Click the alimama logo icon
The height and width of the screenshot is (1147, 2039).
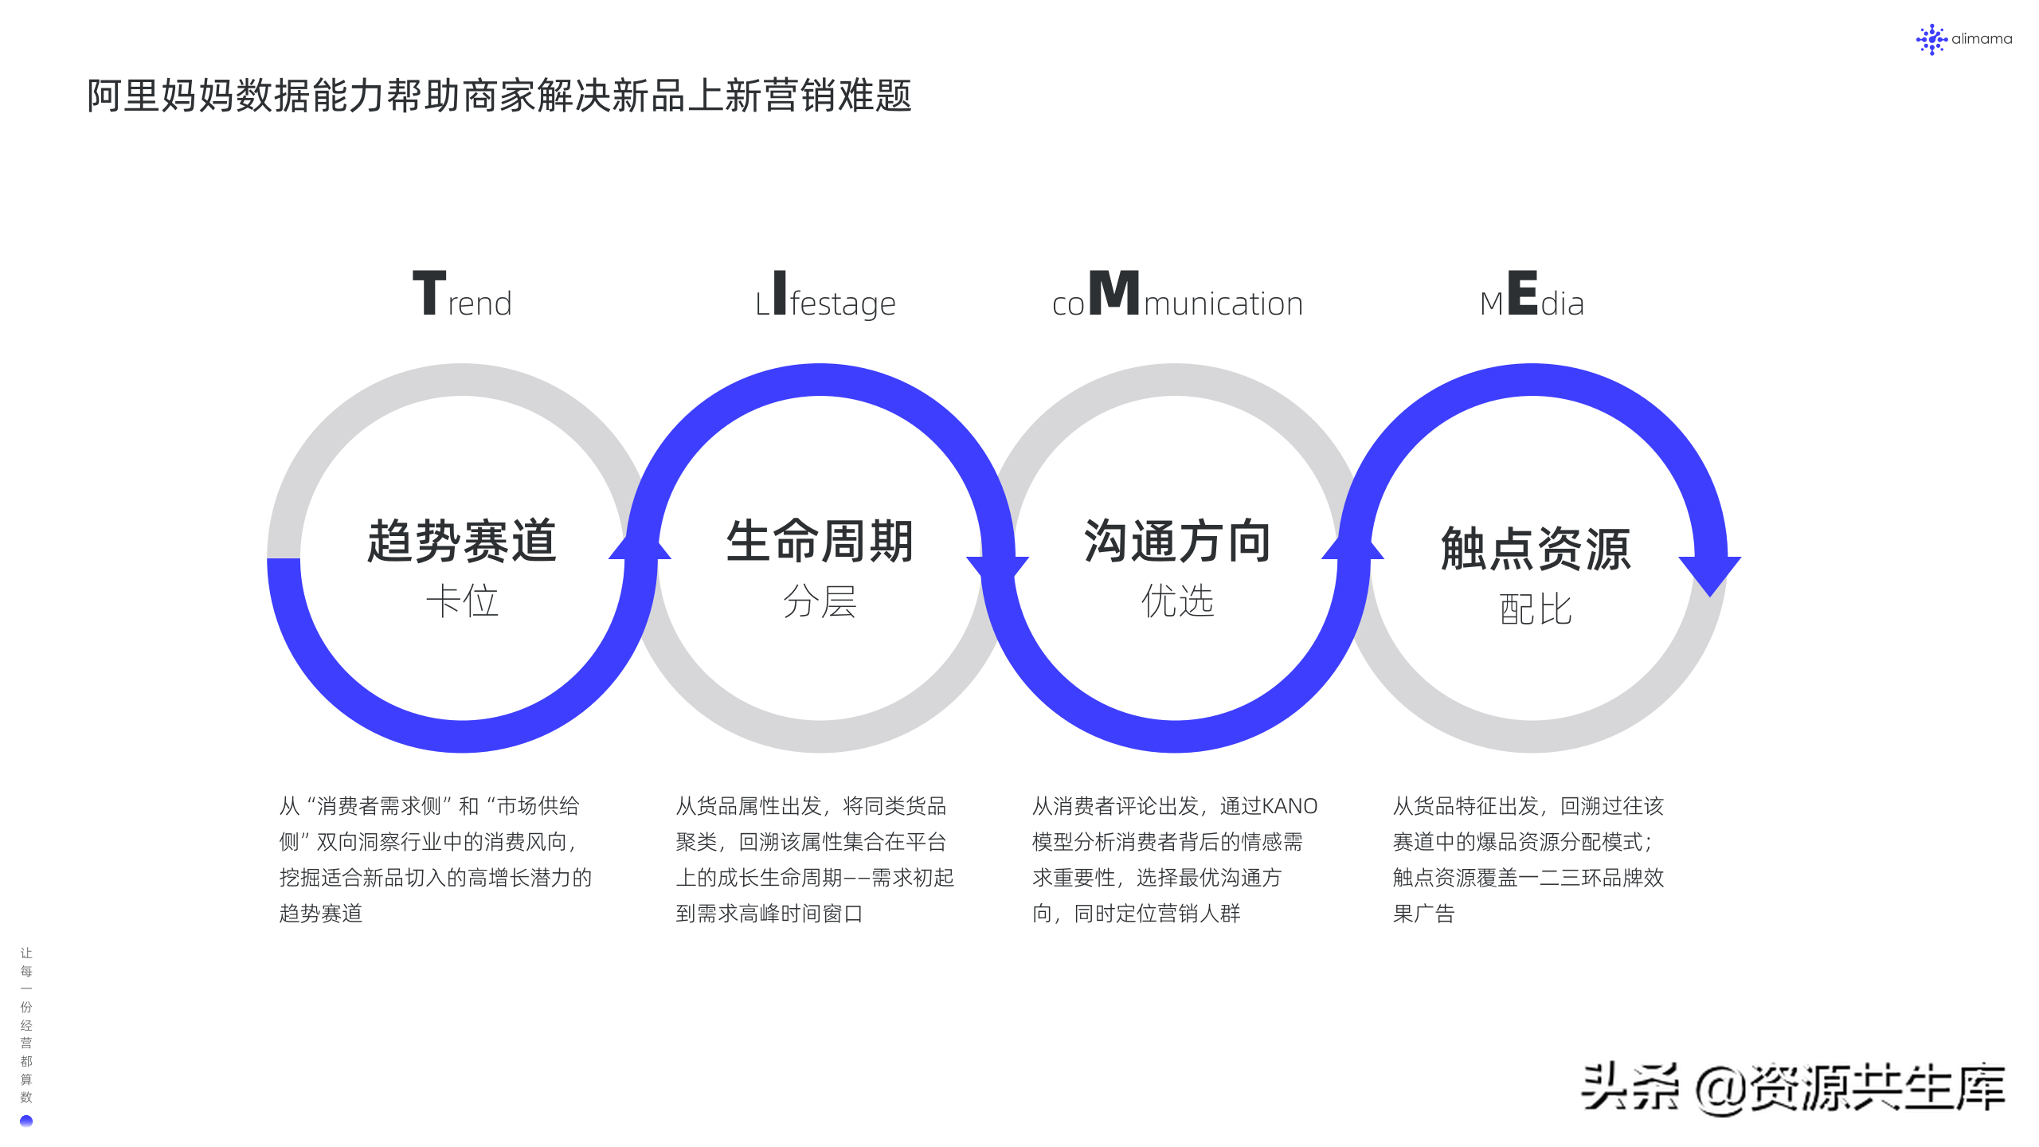click(1931, 39)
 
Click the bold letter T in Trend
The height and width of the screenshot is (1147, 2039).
click(429, 293)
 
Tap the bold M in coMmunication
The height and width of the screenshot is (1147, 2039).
click(1113, 293)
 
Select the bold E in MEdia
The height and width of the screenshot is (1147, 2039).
click(1522, 293)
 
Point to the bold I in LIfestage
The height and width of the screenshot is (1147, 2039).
click(780, 293)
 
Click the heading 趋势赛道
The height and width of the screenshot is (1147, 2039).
click(462, 542)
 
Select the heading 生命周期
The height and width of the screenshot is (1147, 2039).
click(820, 542)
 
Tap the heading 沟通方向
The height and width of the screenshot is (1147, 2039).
click(1177, 542)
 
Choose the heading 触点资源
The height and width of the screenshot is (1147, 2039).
click(1536, 549)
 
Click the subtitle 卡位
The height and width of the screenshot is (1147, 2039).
click(462, 601)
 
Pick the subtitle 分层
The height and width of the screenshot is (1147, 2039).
click(820, 601)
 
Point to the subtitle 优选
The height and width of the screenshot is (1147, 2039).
click(1177, 601)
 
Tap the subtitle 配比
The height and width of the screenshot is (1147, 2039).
click(1536, 609)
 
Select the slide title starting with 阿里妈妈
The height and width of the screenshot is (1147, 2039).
click(499, 96)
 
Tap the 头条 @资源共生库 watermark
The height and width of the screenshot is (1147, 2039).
click(1792, 1088)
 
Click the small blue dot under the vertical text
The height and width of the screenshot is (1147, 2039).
click(26, 1122)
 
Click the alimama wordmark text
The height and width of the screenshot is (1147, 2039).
click(1982, 39)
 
